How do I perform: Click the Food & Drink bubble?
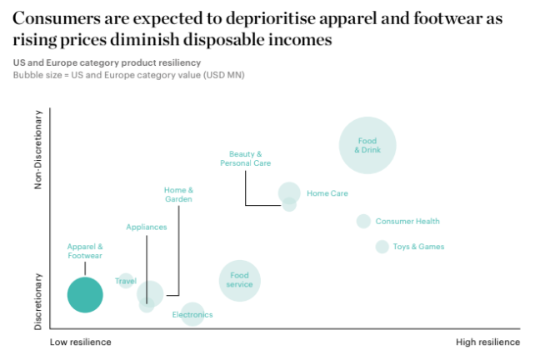(x=367, y=145)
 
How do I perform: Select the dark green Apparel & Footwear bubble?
(x=84, y=295)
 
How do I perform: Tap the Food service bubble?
(x=239, y=280)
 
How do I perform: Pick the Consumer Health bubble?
(x=363, y=221)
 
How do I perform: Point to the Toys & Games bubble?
(x=382, y=247)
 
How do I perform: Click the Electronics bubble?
(x=192, y=314)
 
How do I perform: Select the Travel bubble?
(x=125, y=281)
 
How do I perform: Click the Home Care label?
(x=327, y=193)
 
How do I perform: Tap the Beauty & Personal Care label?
(x=245, y=158)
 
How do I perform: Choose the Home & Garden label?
(x=178, y=194)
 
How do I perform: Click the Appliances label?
(x=147, y=227)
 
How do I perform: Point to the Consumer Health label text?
(x=407, y=222)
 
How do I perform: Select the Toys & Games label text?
(x=418, y=247)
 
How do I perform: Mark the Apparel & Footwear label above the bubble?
(x=85, y=251)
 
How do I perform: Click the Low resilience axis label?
(x=80, y=342)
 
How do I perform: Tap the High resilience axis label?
(x=487, y=342)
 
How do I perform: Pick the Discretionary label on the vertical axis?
(x=38, y=300)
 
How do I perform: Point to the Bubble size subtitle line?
(x=128, y=75)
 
